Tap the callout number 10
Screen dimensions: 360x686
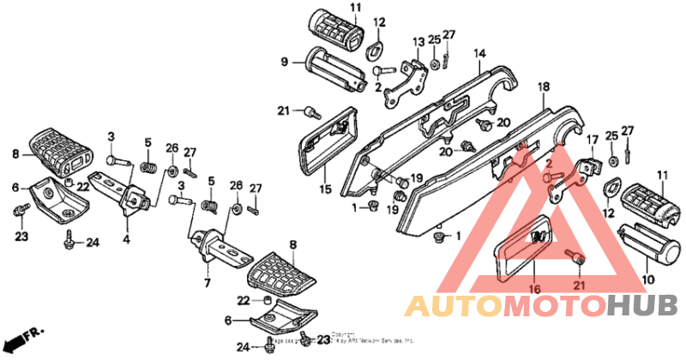tap(647, 279)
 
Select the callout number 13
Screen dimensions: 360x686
tap(418, 41)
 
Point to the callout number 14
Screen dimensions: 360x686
tap(480, 53)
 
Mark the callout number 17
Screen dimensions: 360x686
tap(591, 140)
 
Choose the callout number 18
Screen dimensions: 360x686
tap(543, 87)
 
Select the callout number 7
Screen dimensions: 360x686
tap(207, 281)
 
